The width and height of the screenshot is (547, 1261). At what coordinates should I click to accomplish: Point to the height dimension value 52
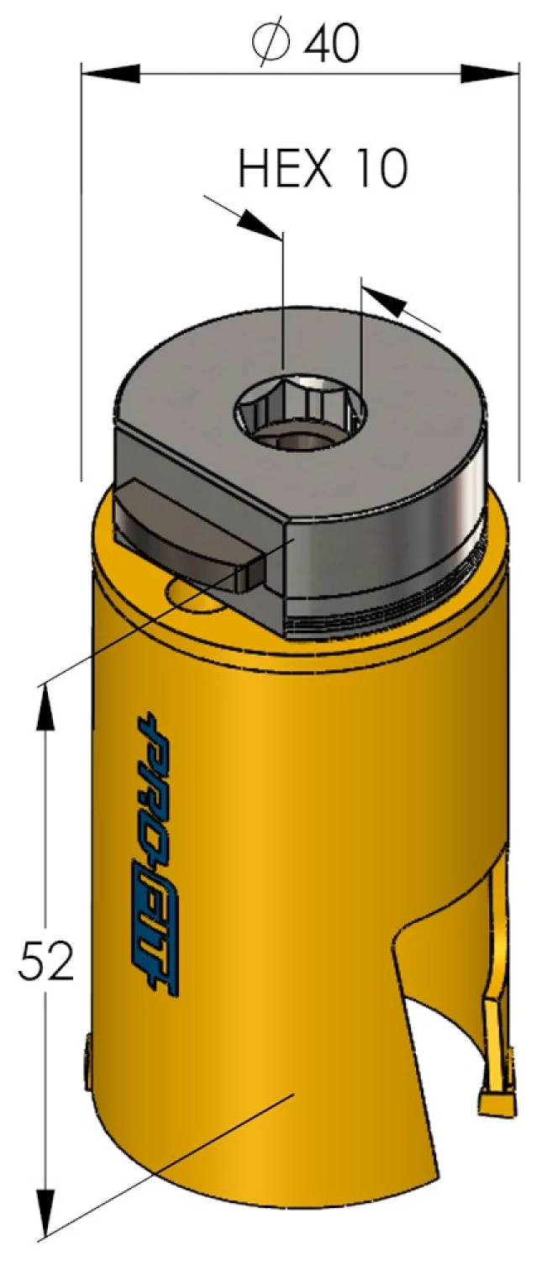[x=46, y=962]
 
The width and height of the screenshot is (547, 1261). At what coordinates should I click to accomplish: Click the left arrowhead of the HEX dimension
[x=255, y=222]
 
